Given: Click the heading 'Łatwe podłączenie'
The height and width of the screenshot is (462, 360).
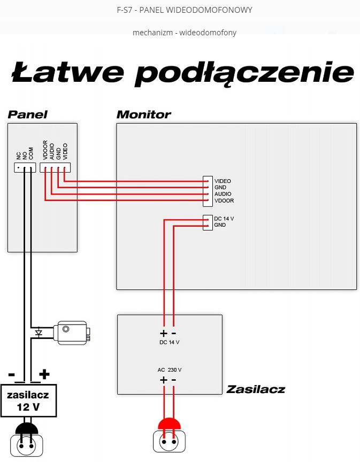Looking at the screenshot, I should click(x=182, y=73).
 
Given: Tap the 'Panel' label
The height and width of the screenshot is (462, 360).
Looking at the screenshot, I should click(x=27, y=114).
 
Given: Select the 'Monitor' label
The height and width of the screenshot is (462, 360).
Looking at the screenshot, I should click(x=143, y=114).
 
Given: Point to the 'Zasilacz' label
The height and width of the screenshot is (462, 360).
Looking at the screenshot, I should click(x=255, y=389).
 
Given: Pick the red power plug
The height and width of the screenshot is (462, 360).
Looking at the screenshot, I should click(x=168, y=425).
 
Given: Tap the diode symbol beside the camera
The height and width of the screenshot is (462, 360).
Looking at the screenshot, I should click(x=38, y=332).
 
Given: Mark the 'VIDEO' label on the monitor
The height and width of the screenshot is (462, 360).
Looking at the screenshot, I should click(x=223, y=181).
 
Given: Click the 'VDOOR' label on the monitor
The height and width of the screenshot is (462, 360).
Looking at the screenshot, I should click(x=224, y=201).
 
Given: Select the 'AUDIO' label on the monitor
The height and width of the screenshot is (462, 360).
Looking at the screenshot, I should click(x=223, y=194).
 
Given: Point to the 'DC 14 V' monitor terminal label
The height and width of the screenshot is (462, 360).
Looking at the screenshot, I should click(x=224, y=219).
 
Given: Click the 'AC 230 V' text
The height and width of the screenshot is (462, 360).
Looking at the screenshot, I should click(x=169, y=369).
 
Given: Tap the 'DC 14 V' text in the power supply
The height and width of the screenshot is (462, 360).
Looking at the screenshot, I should click(x=169, y=342).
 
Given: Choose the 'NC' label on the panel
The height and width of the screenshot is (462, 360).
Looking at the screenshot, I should click(x=19, y=156).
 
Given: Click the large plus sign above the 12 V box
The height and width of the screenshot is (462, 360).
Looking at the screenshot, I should click(x=44, y=374).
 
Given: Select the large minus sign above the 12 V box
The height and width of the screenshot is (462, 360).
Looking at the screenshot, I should click(x=11, y=374).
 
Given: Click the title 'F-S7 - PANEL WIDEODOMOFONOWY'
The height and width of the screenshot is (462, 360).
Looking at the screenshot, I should click(x=184, y=10).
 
